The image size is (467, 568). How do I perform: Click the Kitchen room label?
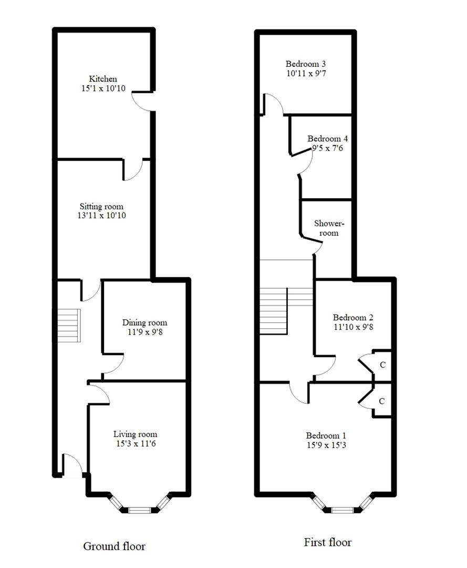[103, 78]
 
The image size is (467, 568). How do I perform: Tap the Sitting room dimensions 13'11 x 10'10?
[102, 216]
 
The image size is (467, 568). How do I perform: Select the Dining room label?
[144, 322]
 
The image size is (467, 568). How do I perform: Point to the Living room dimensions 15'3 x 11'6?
[136, 443]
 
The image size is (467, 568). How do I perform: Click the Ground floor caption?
[115, 546]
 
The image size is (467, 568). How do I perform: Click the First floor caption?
[328, 542]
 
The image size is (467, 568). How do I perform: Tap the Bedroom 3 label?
[306, 64]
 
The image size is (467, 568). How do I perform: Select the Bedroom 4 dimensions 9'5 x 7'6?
[327, 148]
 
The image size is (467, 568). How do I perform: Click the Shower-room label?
[329, 228]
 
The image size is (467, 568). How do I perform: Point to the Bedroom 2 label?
[353, 317]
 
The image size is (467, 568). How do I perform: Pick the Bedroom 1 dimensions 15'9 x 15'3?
[326, 445]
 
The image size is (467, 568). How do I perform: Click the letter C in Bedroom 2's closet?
[383, 365]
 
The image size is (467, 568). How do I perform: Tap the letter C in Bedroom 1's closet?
[381, 401]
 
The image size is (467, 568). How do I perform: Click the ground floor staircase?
[69, 326]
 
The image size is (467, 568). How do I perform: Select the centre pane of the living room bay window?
[140, 510]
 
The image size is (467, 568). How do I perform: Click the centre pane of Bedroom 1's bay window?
[342, 510]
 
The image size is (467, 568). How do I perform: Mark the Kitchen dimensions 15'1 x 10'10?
[103, 88]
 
